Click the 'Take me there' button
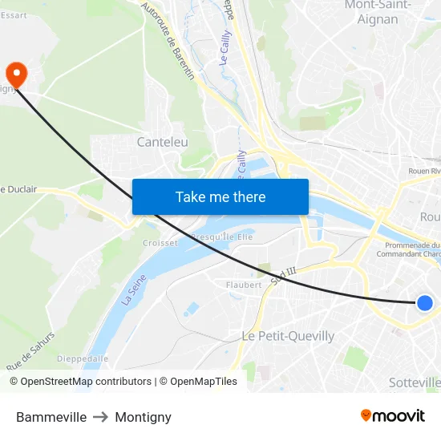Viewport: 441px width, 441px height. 220,196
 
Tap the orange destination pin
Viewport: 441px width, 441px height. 16,74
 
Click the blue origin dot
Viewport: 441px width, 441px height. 425,302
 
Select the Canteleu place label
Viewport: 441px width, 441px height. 162,142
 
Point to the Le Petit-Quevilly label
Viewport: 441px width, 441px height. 288,336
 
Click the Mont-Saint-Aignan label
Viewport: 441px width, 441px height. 377,12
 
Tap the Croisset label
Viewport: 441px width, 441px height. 160,242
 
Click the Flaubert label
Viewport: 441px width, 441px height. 244,285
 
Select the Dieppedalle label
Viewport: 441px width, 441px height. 83,358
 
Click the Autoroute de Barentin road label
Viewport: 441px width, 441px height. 168,40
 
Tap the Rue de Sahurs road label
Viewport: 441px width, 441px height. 30,351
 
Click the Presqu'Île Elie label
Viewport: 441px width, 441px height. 222,237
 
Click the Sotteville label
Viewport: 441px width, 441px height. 415,382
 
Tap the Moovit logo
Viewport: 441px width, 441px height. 392,415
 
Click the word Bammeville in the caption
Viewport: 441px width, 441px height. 51,417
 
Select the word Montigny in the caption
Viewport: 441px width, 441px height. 143,417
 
